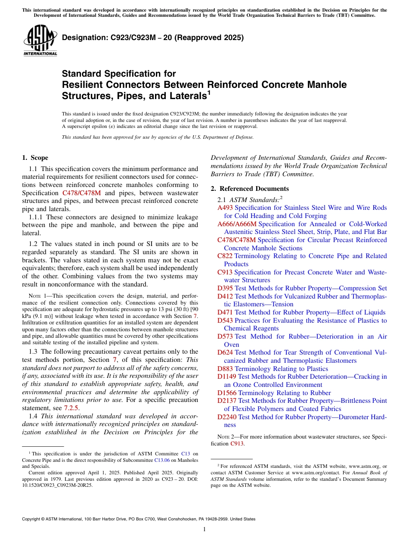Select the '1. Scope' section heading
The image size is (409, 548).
[35, 158]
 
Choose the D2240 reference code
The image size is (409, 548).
[226, 417]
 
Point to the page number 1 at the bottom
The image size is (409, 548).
[204, 529]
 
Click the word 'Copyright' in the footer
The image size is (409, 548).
[32, 519]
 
